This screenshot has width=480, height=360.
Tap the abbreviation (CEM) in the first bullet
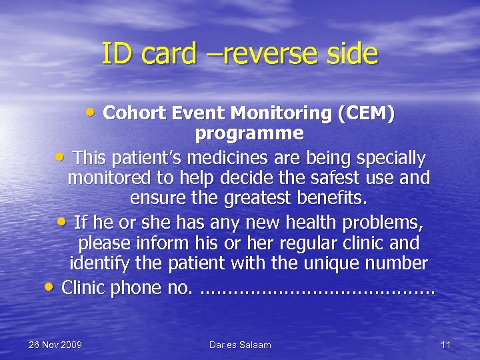pos(366,114)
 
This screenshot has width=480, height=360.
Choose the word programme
pos(249,133)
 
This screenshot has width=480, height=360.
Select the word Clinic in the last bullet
pos(82,288)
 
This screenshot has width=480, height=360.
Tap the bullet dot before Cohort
pos(93,113)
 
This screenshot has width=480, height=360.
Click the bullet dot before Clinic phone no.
pos(50,287)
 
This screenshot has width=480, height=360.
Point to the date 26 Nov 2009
pos(55,345)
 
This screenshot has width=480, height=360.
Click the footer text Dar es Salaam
pos(240,345)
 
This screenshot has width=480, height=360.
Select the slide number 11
pos(446,345)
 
